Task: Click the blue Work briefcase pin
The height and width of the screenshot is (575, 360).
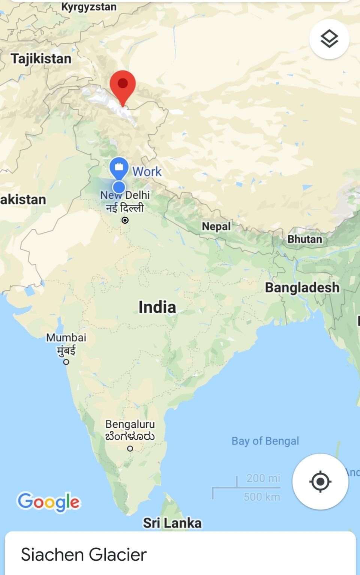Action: pos(119,167)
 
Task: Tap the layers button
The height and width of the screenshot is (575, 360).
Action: pos(329,39)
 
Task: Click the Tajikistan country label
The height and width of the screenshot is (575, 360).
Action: pos(41,59)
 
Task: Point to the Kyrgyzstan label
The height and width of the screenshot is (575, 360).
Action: pos(88,7)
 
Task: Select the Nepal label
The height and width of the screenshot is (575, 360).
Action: pos(216,226)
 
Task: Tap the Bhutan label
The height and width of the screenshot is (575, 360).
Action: pos(304,239)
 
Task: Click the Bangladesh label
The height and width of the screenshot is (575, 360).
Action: pos(302,287)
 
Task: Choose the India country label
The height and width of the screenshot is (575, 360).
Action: pos(157,307)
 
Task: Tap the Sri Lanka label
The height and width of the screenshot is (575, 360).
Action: pos(172,523)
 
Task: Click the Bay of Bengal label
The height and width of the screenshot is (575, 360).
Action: pos(265,441)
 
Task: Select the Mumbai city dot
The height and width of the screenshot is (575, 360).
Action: pos(66,362)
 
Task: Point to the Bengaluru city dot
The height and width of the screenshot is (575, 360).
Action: pos(130,448)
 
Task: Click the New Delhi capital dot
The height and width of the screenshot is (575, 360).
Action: pos(125,220)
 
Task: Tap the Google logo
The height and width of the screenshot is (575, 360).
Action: pos(49,502)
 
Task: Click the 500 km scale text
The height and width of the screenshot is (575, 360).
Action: pos(262,497)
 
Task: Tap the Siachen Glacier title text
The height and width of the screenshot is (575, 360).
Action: pos(84,555)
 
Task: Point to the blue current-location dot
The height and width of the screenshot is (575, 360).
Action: pos(119,187)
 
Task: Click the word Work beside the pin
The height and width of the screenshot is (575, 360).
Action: pos(147,172)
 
